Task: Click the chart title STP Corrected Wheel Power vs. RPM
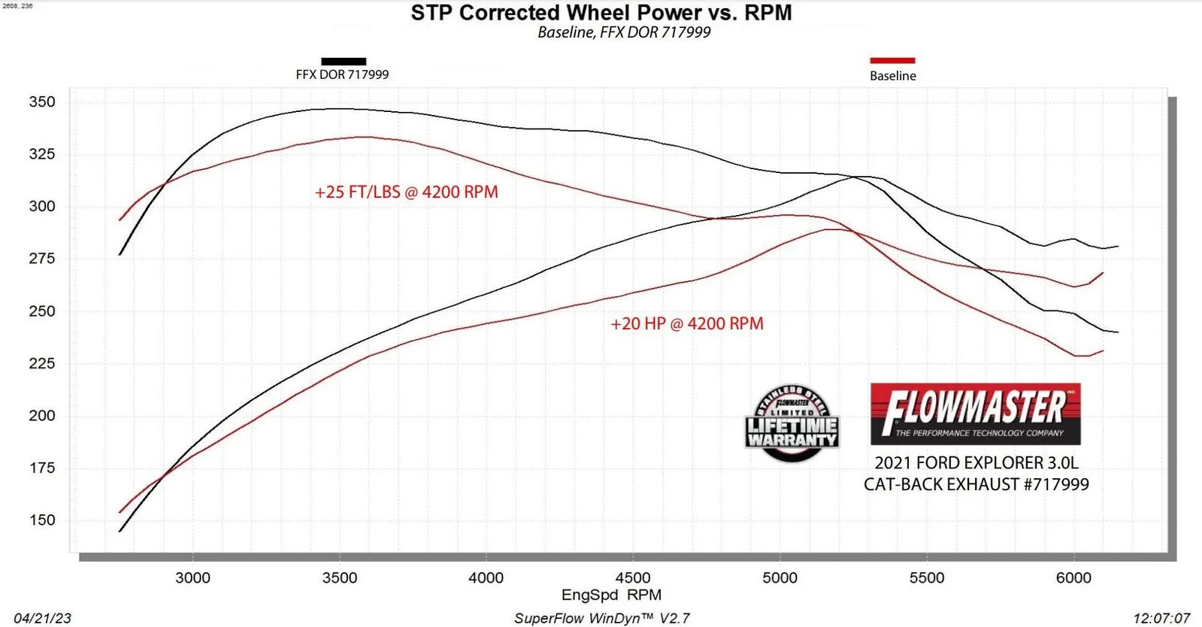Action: (601, 13)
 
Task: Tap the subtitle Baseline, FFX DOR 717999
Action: (624, 32)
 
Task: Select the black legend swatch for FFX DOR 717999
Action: (344, 61)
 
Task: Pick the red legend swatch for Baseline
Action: (892, 60)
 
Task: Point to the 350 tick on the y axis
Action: (42, 101)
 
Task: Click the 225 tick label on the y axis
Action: (42, 363)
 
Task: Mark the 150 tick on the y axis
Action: (42, 519)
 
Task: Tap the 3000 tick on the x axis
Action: (192, 577)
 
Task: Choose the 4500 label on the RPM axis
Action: (633, 577)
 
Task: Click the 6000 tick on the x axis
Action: (1073, 577)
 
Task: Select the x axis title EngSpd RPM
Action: (611, 595)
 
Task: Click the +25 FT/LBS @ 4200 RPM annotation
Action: (406, 192)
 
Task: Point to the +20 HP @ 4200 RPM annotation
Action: (687, 323)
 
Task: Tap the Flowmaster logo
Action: (975, 413)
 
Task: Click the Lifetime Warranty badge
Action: (792, 423)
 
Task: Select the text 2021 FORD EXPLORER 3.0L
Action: (976, 462)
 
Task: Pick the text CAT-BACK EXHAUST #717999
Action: (976, 484)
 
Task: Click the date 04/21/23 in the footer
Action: (42, 618)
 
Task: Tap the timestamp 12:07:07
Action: (1161, 618)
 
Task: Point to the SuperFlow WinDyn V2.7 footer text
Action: (601, 618)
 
